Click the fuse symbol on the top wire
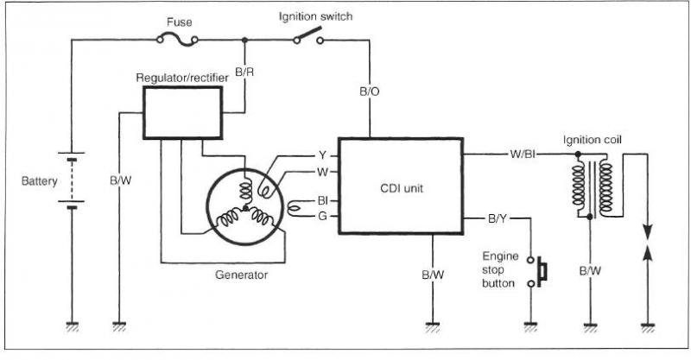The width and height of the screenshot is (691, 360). (x=177, y=41)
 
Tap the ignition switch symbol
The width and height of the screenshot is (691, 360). (x=308, y=36)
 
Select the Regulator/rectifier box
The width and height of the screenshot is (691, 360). (x=182, y=113)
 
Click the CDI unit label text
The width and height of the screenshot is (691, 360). (x=402, y=188)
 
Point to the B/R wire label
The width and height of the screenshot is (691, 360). (x=244, y=73)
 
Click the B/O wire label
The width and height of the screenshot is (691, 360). (x=370, y=92)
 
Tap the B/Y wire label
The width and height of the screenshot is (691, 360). (x=498, y=218)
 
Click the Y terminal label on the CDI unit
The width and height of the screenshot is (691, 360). (x=322, y=155)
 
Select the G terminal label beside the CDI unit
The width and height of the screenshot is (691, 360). (x=322, y=217)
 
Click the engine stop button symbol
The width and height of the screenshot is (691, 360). (x=537, y=272)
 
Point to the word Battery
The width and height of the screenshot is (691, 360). (x=39, y=181)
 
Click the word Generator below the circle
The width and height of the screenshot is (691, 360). (x=242, y=275)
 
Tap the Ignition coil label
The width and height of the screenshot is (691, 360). (x=593, y=140)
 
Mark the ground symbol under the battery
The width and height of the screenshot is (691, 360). (x=73, y=327)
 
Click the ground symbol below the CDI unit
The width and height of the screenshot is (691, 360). (x=433, y=327)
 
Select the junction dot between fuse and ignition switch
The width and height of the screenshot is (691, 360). (x=244, y=40)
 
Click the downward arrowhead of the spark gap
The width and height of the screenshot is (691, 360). (x=647, y=231)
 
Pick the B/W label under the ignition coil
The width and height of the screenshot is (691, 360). (x=590, y=270)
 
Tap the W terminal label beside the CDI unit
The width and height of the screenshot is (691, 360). (x=322, y=172)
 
